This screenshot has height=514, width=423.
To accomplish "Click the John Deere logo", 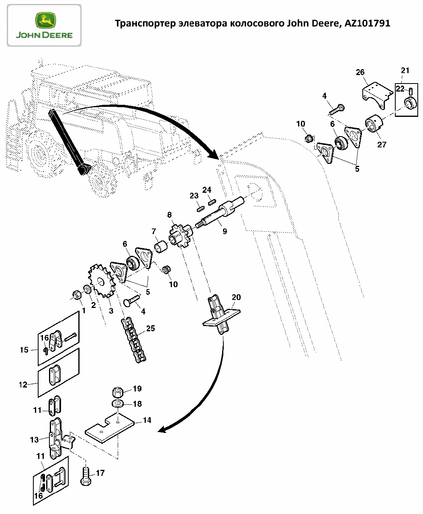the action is [44, 25].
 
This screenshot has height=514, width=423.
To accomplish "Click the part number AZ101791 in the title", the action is [367, 23].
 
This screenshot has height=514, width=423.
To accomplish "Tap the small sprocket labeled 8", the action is [181, 236].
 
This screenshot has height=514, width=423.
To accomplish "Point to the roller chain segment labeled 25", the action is [133, 340].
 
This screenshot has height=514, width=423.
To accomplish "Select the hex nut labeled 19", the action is [118, 392].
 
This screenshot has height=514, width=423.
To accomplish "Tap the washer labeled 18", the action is [118, 404].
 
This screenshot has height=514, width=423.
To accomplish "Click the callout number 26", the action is [360, 72].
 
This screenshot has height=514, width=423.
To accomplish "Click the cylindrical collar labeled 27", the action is [374, 124].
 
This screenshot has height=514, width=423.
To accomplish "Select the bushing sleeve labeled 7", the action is [161, 247].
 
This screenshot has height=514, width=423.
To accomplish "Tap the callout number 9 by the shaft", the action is [225, 231].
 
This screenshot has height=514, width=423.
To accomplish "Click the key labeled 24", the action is [212, 202].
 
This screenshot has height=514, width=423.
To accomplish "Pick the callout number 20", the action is [236, 297].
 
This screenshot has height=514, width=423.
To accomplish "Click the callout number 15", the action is [24, 350].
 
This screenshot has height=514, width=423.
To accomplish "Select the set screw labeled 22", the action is [411, 92].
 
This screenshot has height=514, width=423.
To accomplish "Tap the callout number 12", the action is [23, 385].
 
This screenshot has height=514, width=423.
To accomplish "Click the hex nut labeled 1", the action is [77, 295].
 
